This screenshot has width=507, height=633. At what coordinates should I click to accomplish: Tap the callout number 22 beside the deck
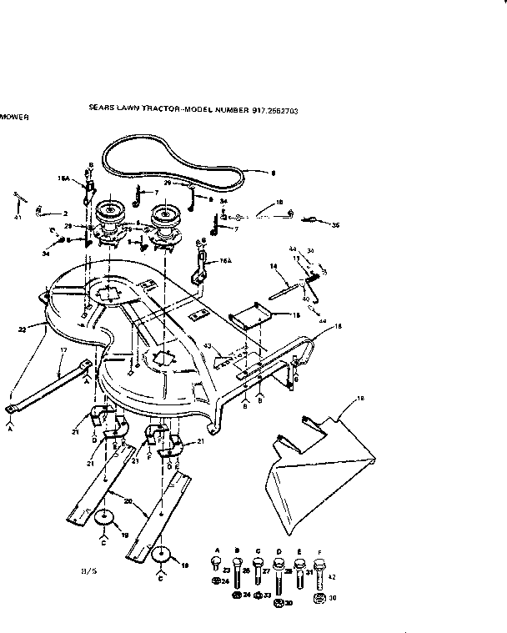[23, 330]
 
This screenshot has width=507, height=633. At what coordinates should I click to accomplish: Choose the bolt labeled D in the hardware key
[299, 570]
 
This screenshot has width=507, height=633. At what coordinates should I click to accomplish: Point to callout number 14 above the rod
[273, 267]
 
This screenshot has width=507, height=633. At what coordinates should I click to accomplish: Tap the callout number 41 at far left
[17, 217]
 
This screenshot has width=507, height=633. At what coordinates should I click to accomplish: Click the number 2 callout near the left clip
[65, 214]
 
